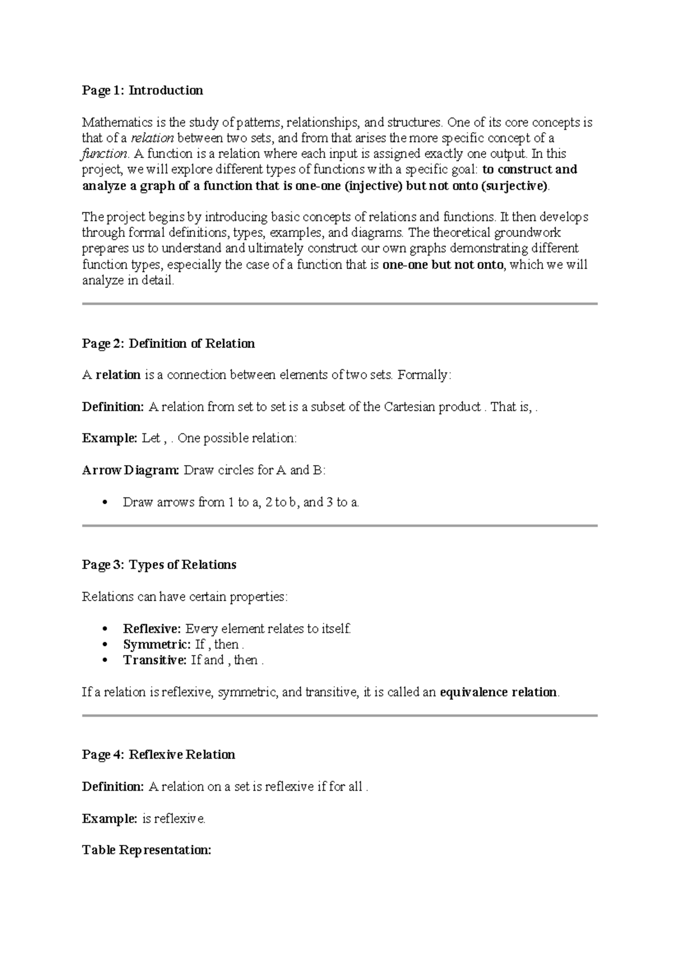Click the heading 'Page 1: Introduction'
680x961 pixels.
[x=142, y=91]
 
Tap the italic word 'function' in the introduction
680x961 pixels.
[x=105, y=154]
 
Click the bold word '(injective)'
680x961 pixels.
[x=373, y=186]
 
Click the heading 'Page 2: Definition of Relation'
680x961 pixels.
[x=168, y=344]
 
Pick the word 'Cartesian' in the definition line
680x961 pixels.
[x=409, y=407]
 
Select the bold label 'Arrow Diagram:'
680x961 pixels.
[x=130, y=470]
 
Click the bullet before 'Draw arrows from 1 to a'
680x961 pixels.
[x=103, y=503]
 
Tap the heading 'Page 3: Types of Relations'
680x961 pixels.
[x=159, y=565]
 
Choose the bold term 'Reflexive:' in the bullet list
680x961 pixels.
[x=152, y=628]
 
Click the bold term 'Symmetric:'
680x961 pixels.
[x=156, y=644]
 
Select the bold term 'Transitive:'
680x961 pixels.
[x=155, y=660]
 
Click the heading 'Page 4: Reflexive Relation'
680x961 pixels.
[x=159, y=755]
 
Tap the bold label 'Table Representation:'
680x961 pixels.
[x=147, y=850]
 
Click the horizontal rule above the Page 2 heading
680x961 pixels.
[x=340, y=304]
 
